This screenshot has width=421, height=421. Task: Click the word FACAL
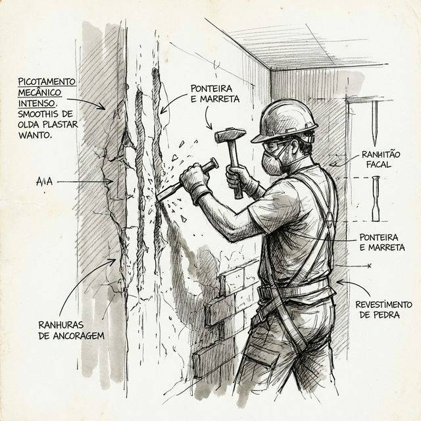(380, 165)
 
